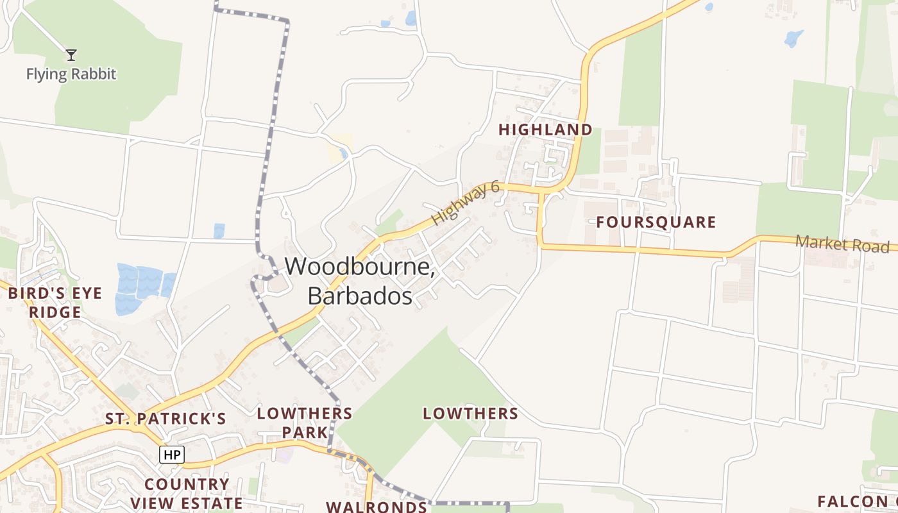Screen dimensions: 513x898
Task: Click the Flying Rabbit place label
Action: pyautogui.click(x=71, y=74)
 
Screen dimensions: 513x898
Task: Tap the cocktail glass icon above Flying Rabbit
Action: pyautogui.click(x=71, y=55)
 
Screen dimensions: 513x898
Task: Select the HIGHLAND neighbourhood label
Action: pyautogui.click(x=545, y=130)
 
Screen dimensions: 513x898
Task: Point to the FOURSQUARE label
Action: pyautogui.click(x=656, y=223)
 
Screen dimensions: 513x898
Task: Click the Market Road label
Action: pyautogui.click(x=842, y=244)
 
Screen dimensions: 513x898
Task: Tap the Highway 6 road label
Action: pyautogui.click(x=466, y=203)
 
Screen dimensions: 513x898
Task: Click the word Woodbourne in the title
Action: pyautogui.click(x=359, y=266)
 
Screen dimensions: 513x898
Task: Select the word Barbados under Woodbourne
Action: pyautogui.click(x=360, y=296)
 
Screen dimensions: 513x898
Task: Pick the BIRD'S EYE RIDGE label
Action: pyautogui.click(x=55, y=303)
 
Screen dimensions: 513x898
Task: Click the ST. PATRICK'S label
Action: pyautogui.click(x=165, y=419)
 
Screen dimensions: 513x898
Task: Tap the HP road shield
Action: pyautogui.click(x=172, y=455)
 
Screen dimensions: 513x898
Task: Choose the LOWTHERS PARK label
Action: pyautogui.click(x=305, y=423)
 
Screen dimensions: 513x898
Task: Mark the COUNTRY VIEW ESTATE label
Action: pyautogui.click(x=187, y=493)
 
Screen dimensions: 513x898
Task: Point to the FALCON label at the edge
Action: pyautogui.click(x=856, y=501)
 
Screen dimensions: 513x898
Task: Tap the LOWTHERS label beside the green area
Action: pyautogui.click(x=470, y=414)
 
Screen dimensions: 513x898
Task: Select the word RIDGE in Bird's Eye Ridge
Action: pyautogui.click(x=55, y=313)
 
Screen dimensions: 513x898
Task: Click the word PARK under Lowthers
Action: pyautogui.click(x=305, y=433)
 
